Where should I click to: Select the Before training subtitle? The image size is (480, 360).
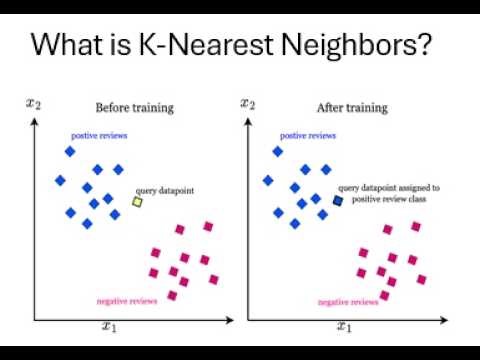click(x=134, y=107)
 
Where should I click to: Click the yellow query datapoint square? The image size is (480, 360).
click(x=138, y=202)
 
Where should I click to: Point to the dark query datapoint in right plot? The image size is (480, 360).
click(x=338, y=201)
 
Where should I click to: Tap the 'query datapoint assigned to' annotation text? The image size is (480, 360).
click(x=388, y=187)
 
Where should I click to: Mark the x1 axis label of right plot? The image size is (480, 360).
click(x=343, y=327)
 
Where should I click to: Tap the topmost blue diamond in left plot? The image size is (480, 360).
click(x=70, y=151)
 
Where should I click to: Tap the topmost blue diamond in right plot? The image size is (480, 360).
click(x=279, y=151)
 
